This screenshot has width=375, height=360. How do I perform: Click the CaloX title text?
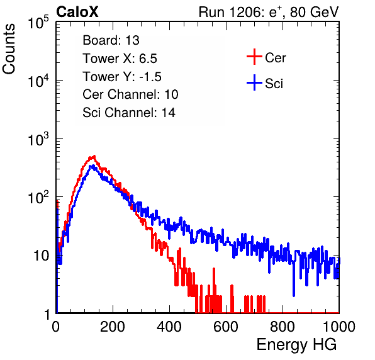77,12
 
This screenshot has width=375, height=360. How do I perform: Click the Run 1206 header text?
269,12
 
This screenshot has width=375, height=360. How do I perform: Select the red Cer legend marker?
254,57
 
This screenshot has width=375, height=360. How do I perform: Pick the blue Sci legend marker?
254,82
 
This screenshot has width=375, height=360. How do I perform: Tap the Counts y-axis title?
9,49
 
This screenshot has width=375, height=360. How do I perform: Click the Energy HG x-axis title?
296,345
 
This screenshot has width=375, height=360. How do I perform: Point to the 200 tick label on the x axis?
113,327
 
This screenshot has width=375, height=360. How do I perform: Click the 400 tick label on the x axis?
169,327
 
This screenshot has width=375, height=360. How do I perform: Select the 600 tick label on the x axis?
226,327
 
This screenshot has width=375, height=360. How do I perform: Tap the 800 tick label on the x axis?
283,327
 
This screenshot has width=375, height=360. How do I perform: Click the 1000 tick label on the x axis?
339,327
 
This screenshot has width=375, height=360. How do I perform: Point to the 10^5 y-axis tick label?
38,23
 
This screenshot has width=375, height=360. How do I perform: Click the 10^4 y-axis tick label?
38,81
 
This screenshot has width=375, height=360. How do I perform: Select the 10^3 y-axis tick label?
38,139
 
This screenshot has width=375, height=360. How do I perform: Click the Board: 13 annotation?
111,40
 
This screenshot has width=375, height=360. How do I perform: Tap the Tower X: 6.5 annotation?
120,59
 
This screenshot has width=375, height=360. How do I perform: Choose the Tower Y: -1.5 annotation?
122,77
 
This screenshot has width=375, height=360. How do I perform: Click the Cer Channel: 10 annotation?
130,94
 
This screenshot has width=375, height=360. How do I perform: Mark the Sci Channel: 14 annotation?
129,113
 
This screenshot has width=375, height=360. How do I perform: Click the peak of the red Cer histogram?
94,156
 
